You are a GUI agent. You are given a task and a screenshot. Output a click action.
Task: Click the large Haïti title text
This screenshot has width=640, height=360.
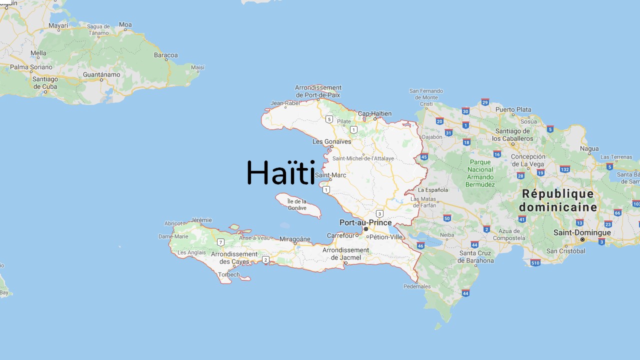(x=280, y=173)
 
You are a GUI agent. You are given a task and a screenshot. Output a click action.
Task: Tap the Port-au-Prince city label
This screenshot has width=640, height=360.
(x=365, y=222)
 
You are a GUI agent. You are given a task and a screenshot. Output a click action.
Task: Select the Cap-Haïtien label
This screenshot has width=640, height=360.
(x=374, y=113)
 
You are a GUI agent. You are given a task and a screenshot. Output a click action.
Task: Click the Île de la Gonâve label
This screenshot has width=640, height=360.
(x=297, y=204)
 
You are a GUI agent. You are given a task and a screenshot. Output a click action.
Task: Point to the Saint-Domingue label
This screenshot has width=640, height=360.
(x=582, y=232)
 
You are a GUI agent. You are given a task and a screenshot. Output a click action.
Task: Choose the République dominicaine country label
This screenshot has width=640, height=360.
(x=558, y=200)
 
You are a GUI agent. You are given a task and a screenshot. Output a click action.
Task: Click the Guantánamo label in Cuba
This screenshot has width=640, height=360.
(x=101, y=74)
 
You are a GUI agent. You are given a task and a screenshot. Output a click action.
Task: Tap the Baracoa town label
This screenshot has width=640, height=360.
(x=166, y=55)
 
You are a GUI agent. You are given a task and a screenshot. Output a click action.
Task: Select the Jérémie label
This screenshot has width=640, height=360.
(x=201, y=220)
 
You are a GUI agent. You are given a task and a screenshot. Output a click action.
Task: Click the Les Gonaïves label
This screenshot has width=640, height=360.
(x=332, y=141)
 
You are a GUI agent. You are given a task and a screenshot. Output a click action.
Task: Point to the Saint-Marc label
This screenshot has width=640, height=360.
(x=330, y=175)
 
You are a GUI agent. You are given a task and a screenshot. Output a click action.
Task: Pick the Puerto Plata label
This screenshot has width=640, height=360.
(x=513, y=109)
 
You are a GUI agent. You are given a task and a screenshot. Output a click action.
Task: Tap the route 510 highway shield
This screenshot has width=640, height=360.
(x=535, y=262)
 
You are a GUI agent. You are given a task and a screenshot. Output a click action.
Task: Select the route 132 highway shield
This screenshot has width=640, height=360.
(x=565, y=169)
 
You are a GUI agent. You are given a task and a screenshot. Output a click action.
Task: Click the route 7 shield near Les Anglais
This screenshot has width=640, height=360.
(x=220, y=242)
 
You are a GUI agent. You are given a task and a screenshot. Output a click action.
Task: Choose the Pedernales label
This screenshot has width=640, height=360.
(x=417, y=286)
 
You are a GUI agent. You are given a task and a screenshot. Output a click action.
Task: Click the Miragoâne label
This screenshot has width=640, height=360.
(x=295, y=239)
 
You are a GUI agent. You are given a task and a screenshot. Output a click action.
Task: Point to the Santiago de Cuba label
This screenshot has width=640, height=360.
(x=45, y=82)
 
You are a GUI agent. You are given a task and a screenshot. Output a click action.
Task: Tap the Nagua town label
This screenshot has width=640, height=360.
(x=589, y=148)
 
